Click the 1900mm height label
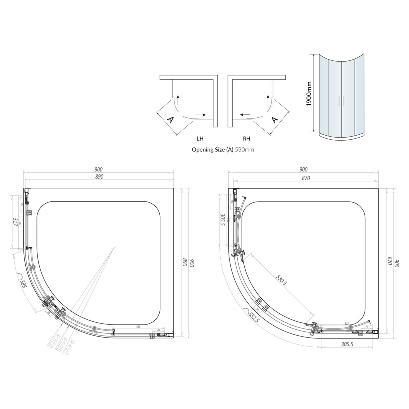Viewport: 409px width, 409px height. click(309, 94)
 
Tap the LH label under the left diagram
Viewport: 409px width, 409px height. click(200, 139)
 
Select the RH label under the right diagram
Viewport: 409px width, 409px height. click(247, 139)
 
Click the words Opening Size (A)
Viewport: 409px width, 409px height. click(212, 150)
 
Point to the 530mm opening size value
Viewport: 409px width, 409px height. click(244, 150)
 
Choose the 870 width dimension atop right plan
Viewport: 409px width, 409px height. click(305, 178)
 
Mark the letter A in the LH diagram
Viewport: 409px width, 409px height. click(169, 120)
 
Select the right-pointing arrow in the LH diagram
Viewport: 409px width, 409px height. click(200, 115)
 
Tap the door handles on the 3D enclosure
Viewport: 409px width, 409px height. click(340, 101)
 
